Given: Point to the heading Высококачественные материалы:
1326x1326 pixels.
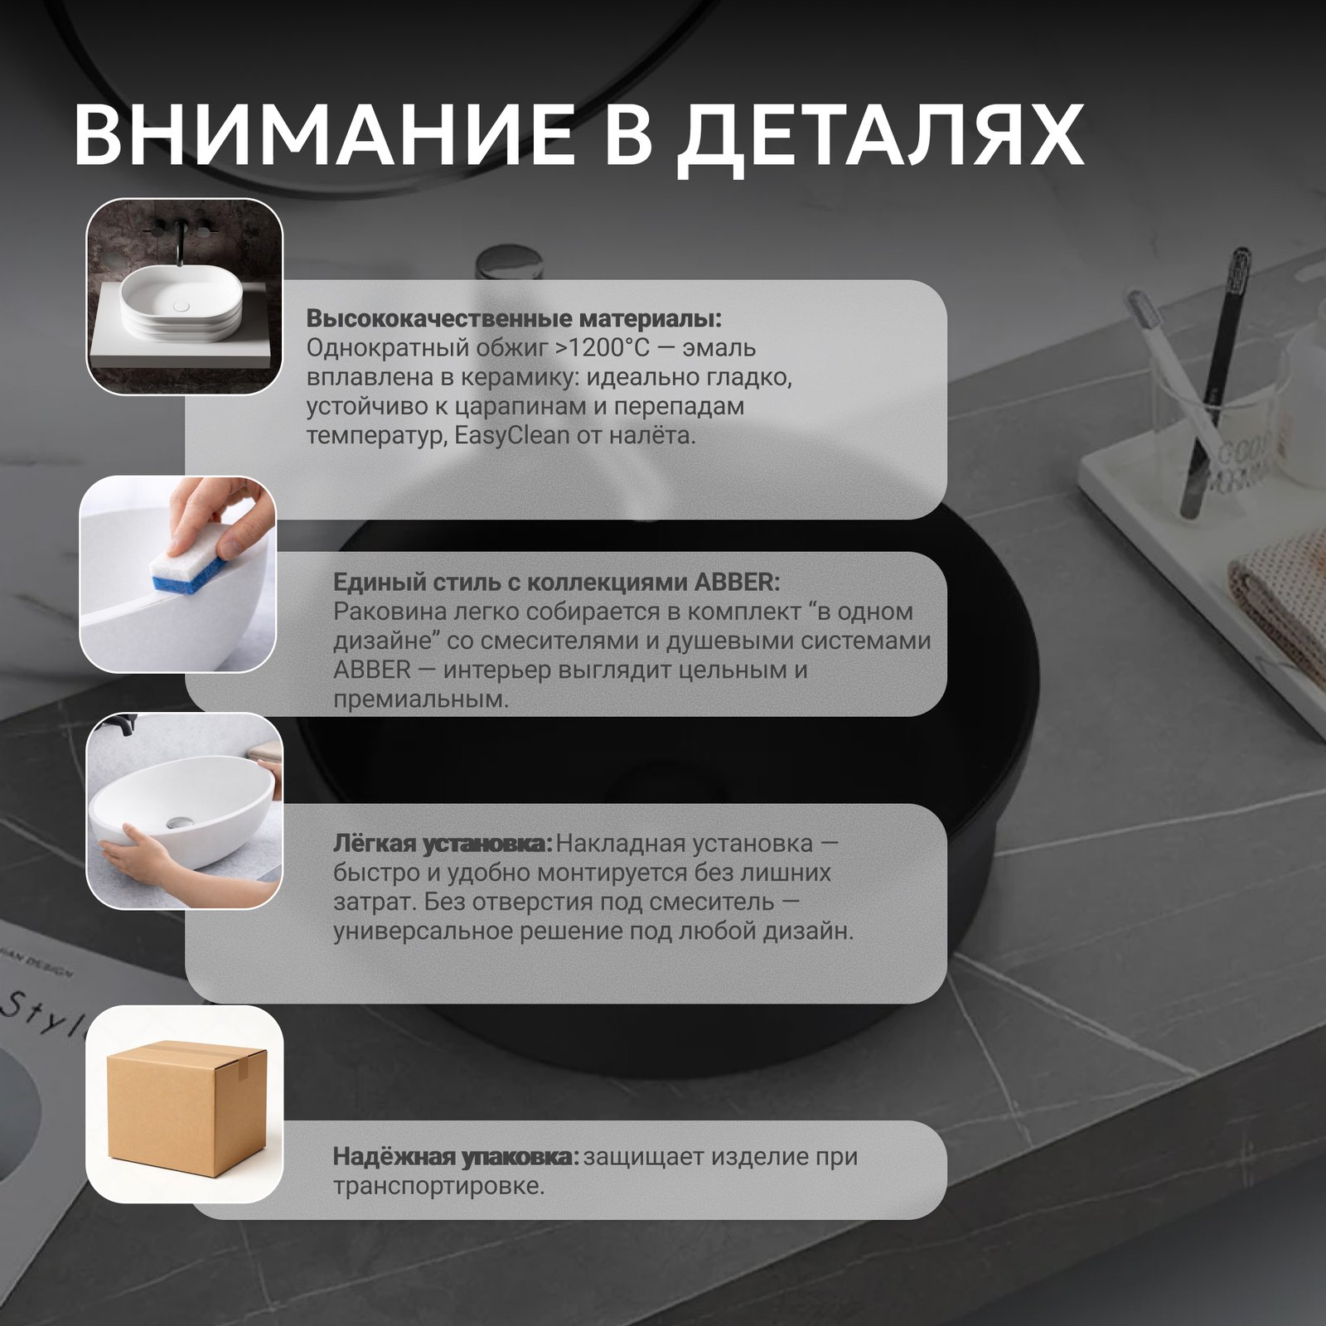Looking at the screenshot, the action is coord(514,318).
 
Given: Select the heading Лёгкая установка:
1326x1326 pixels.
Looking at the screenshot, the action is coord(442,844).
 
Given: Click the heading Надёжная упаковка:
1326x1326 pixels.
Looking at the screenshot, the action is coord(456,1156).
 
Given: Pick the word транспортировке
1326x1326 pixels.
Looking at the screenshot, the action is coord(438,1186).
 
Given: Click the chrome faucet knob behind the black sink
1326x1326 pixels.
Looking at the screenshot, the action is coord(510,264).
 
